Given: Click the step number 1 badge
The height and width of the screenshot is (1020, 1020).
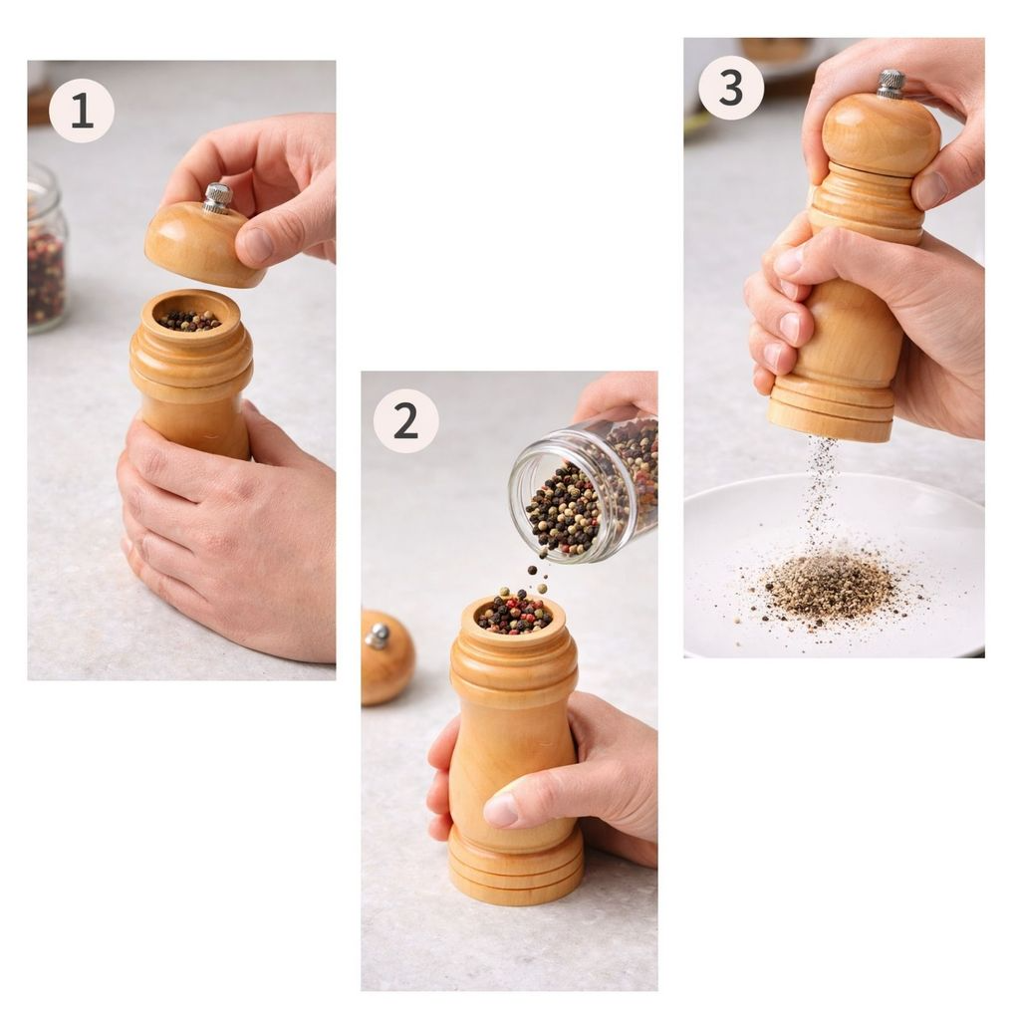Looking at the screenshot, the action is point(82,111).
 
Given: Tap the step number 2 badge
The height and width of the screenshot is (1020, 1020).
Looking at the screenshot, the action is point(406,421).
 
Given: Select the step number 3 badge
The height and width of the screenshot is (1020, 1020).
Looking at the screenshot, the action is point(731,88).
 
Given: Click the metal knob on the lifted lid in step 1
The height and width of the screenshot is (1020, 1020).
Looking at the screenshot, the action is point(217,198).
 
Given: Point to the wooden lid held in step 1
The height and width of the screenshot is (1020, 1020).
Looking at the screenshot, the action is point(203,242).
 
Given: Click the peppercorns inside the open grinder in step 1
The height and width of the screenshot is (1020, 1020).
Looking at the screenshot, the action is point(190,320).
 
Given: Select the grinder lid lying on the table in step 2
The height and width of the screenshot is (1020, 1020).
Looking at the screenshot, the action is point(387,657).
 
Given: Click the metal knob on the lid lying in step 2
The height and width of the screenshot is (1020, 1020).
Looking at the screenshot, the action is point(378,636).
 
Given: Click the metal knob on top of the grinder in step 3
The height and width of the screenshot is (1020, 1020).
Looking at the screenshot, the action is point(891,86).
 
